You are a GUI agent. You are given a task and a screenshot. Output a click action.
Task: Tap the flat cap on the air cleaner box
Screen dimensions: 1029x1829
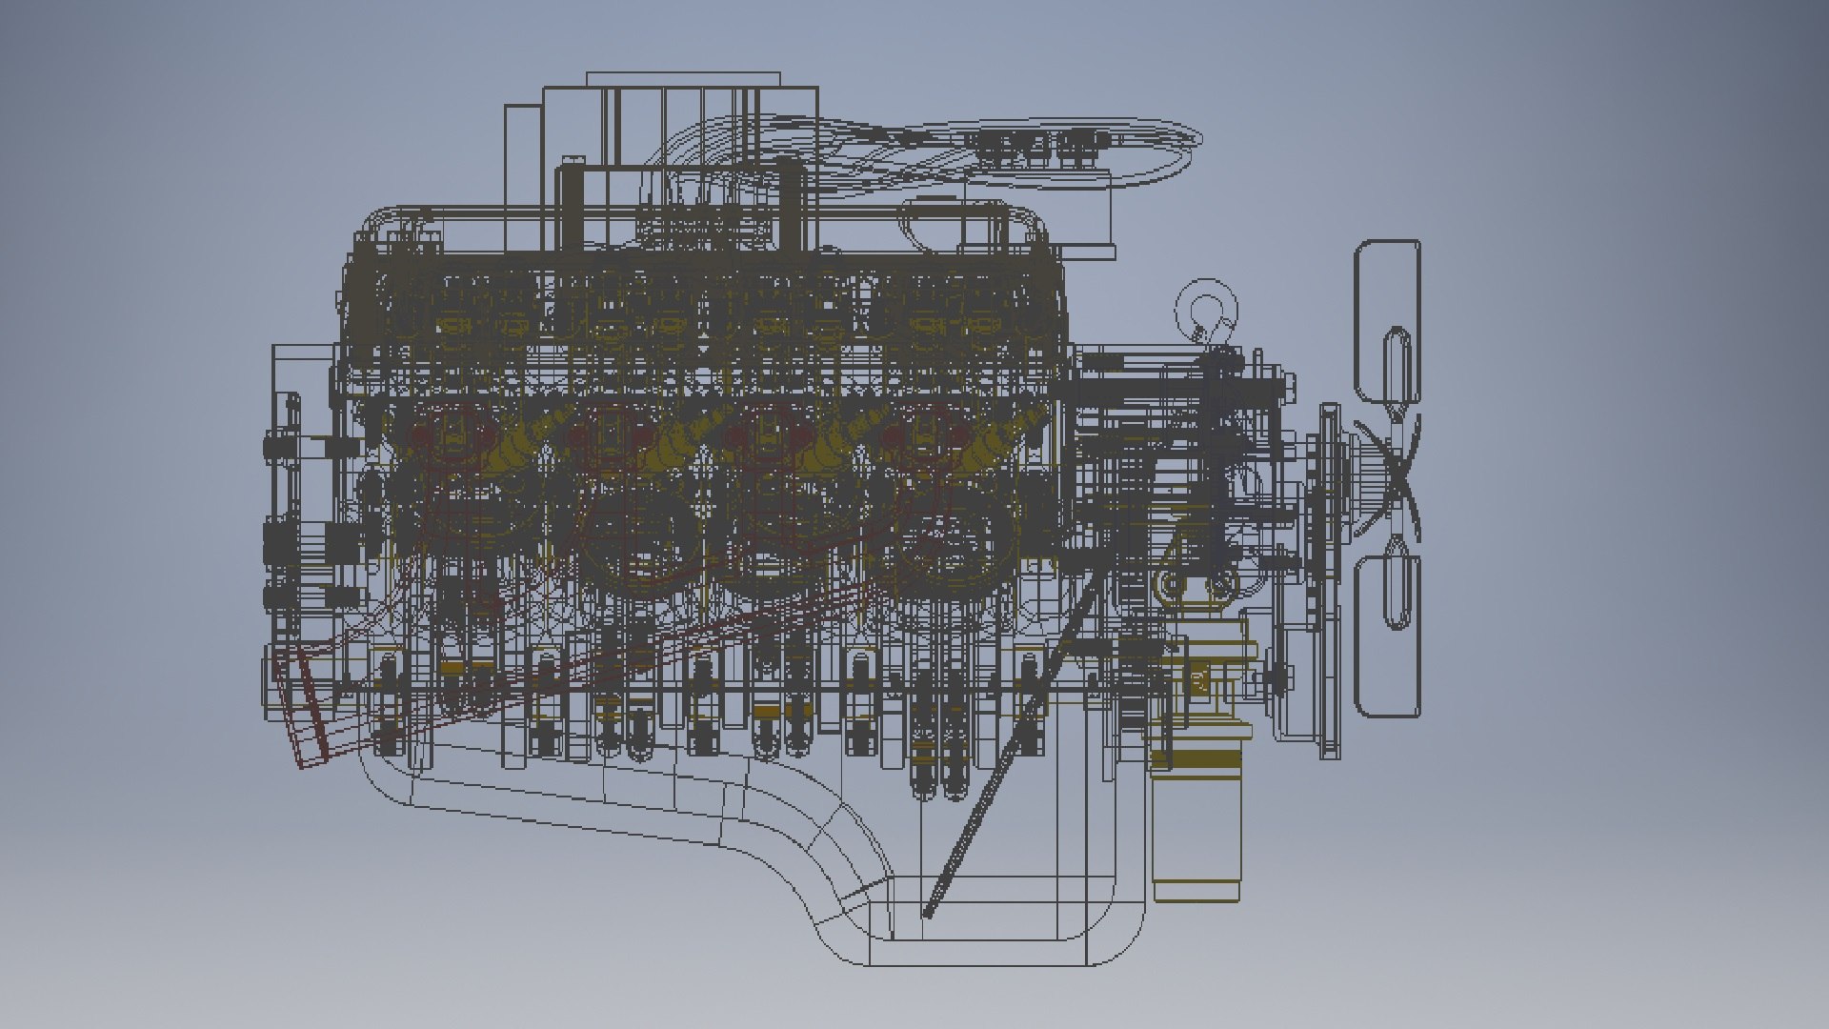pyautogui.click(x=683, y=79)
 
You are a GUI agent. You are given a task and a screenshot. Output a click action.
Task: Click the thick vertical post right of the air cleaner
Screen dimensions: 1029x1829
pyautogui.click(x=790, y=205)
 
